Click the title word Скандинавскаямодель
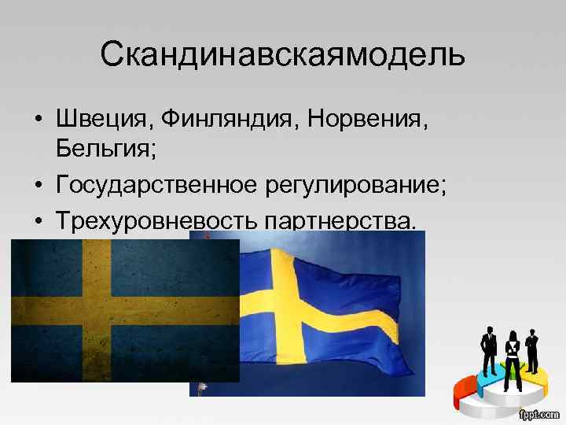(x=283, y=55)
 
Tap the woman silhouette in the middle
(x=513, y=354)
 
